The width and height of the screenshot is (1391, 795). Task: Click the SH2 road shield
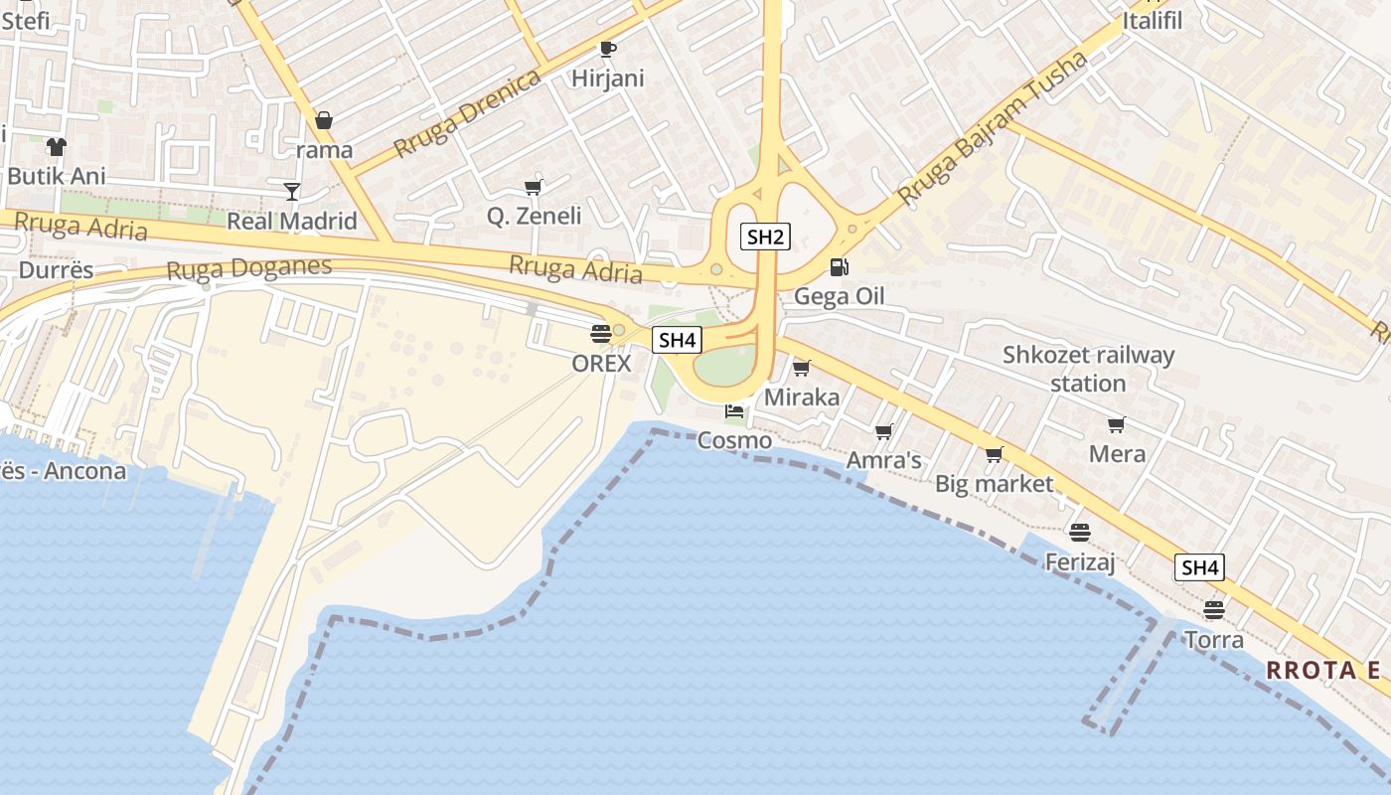click(765, 237)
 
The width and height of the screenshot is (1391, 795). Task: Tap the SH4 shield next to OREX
click(677, 340)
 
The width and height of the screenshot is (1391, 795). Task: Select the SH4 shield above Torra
click(1199, 567)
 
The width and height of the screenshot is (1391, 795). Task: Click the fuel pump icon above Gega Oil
click(840, 267)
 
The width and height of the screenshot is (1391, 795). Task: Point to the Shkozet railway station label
click(1088, 369)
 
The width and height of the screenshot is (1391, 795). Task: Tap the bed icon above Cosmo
click(734, 411)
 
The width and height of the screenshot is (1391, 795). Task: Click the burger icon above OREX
click(601, 333)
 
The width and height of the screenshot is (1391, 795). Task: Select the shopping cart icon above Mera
click(1117, 425)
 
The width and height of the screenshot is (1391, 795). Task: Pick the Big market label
click(994, 484)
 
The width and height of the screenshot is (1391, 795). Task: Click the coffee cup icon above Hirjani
click(608, 49)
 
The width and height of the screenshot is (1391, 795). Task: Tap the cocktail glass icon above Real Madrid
click(292, 191)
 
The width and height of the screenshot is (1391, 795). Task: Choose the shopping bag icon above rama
click(324, 121)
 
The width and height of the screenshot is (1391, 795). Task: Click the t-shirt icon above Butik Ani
click(56, 147)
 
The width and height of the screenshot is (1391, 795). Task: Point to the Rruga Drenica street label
click(467, 113)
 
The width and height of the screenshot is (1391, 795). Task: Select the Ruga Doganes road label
click(248, 268)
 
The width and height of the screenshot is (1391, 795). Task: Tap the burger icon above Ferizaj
click(1080, 533)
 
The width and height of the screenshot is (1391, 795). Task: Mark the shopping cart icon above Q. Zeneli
click(534, 187)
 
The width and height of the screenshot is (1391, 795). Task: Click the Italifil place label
click(1153, 20)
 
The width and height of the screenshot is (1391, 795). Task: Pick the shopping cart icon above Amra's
click(883, 431)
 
